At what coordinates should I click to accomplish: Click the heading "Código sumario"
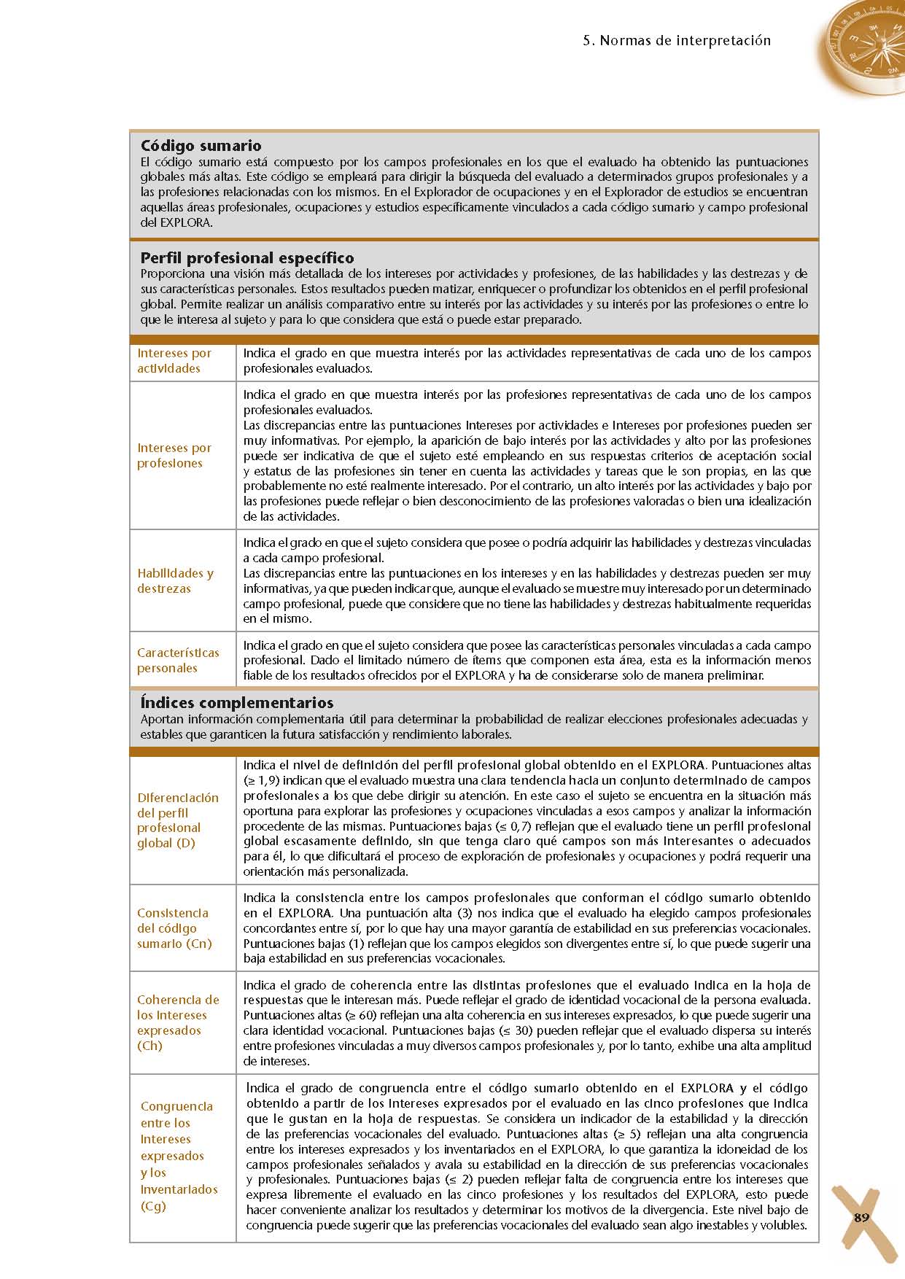click(201, 146)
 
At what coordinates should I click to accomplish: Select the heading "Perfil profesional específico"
click(247, 258)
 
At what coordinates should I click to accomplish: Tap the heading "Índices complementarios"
click(237, 703)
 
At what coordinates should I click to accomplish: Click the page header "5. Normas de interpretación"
click(677, 41)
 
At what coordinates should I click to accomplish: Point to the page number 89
click(861, 1218)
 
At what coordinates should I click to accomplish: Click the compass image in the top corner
click(864, 47)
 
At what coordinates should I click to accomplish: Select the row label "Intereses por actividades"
click(174, 361)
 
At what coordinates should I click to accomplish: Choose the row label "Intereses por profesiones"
click(174, 456)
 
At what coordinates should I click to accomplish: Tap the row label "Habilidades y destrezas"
click(175, 581)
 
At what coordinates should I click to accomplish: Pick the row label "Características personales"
click(178, 661)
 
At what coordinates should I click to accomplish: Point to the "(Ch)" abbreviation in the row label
click(149, 1046)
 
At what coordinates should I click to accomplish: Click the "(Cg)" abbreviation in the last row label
click(153, 1205)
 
